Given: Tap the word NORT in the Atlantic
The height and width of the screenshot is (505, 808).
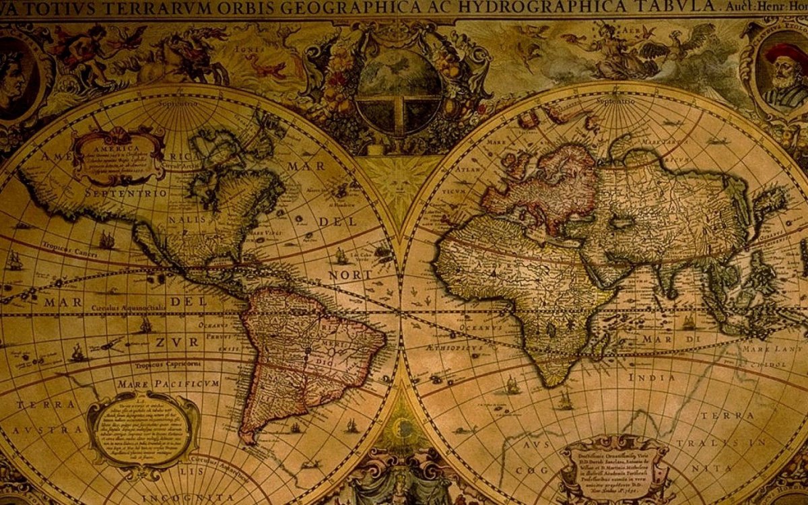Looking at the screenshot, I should click(349, 275).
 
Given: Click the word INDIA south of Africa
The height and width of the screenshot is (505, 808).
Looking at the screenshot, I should click(651, 378).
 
